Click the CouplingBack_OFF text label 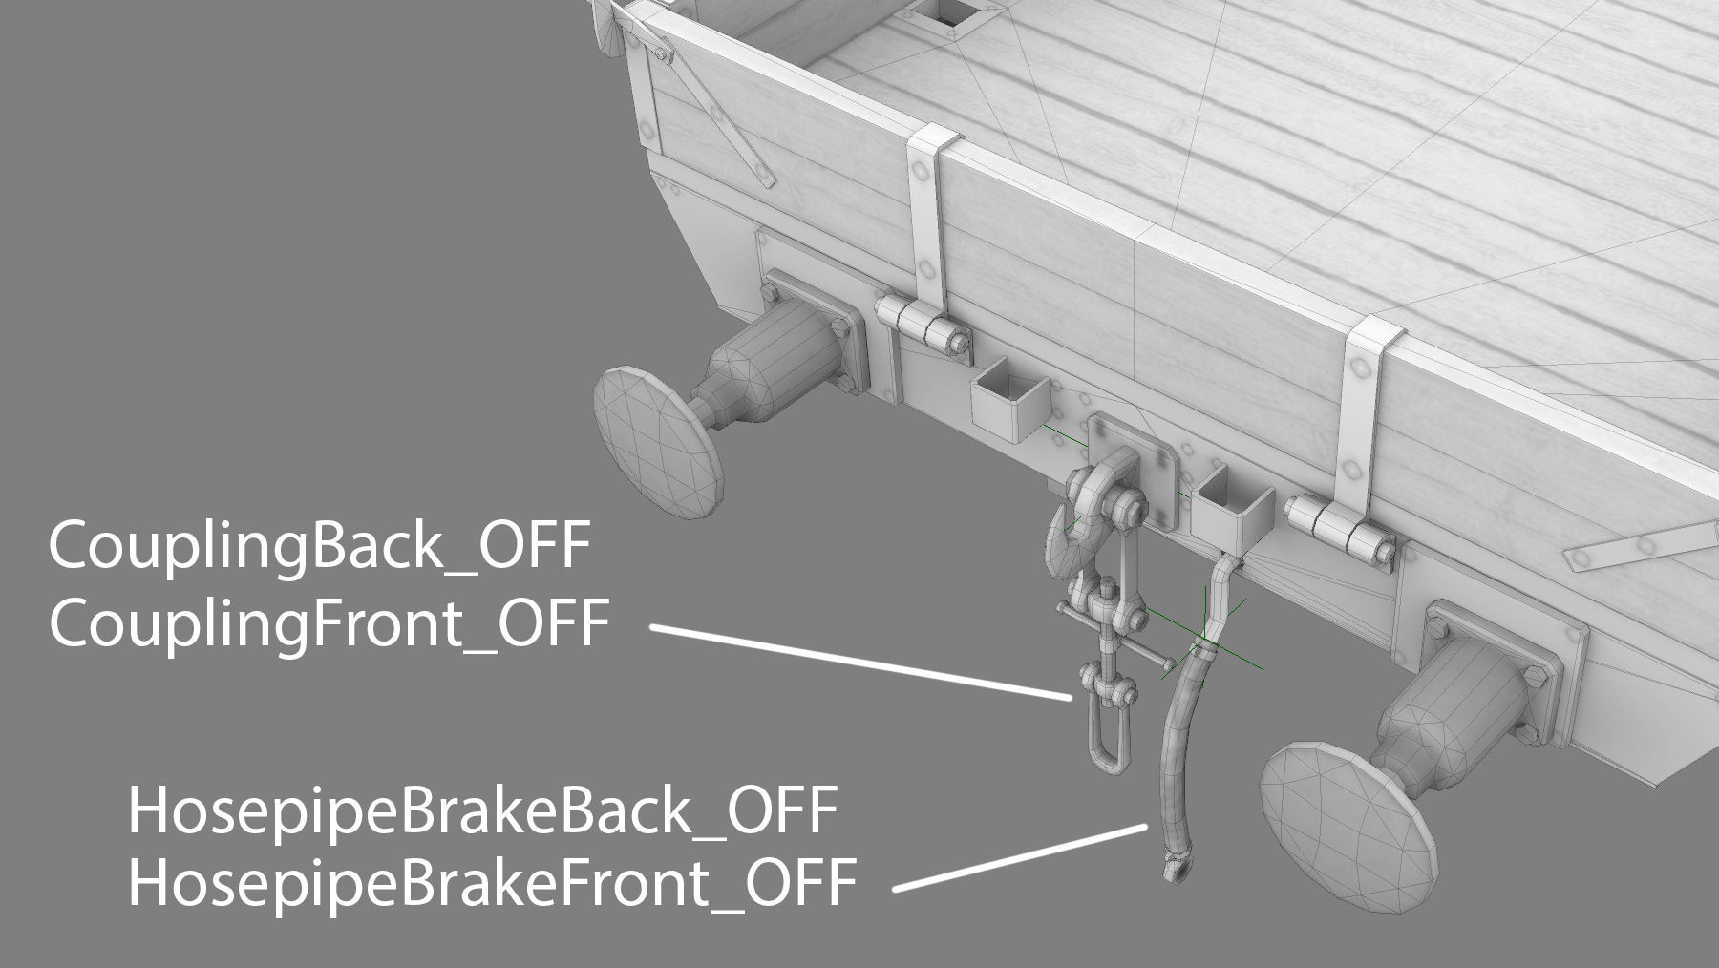(319, 549)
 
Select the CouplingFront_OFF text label (329, 626)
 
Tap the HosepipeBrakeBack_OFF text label (482, 813)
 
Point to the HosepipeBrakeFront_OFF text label (492, 883)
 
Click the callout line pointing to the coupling (859, 663)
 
